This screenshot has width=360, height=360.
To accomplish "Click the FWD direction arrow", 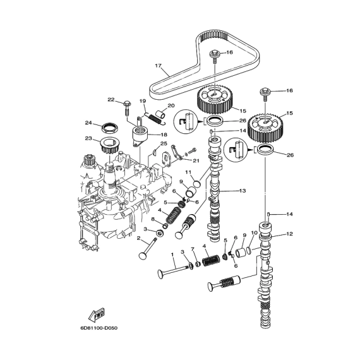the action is tap(97, 315).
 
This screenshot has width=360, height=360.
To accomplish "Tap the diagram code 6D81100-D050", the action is tap(99, 328).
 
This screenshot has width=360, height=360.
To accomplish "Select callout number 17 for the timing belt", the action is tap(158, 66).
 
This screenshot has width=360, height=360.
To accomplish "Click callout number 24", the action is tap(88, 123).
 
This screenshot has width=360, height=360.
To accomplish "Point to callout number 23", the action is tap(88, 138).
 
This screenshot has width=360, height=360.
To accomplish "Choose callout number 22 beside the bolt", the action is tap(111, 100).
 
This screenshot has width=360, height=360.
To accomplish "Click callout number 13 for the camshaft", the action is tap(243, 191).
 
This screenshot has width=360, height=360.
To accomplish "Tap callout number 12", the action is tap(290, 234).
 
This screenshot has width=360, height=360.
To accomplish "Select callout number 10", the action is tap(254, 233).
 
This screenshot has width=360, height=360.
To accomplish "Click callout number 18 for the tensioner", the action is tap(164, 135).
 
